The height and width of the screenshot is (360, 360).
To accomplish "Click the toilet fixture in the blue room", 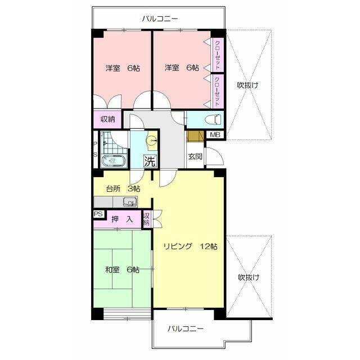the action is [214, 119].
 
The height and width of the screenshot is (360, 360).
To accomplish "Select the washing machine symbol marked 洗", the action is [150, 161].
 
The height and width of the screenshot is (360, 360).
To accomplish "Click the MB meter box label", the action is [215, 134].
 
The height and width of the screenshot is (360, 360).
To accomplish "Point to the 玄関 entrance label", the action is [195, 156].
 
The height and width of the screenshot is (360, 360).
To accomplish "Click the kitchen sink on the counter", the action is [130, 201].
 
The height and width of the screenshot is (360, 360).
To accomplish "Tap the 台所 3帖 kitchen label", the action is [123, 189].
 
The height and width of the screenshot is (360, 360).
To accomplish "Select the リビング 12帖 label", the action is [190, 246].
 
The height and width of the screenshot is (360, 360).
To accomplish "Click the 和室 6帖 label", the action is [122, 269].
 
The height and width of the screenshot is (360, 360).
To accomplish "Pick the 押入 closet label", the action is [122, 219].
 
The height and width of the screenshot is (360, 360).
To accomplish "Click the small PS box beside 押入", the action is [98, 214].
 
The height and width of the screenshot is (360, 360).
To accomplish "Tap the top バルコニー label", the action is [160, 19].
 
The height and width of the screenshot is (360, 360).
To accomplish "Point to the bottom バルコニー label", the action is [186, 328].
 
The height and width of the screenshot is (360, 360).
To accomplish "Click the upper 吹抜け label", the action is [247, 85].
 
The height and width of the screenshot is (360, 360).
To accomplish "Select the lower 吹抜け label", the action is [249, 277].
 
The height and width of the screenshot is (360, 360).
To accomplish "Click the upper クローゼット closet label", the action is [217, 55].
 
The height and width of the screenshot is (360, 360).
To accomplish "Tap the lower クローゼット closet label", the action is [217, 91].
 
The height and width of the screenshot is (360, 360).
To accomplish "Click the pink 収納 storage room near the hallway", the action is [107, 119].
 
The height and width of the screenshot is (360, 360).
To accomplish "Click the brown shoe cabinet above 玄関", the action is [195, 136].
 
